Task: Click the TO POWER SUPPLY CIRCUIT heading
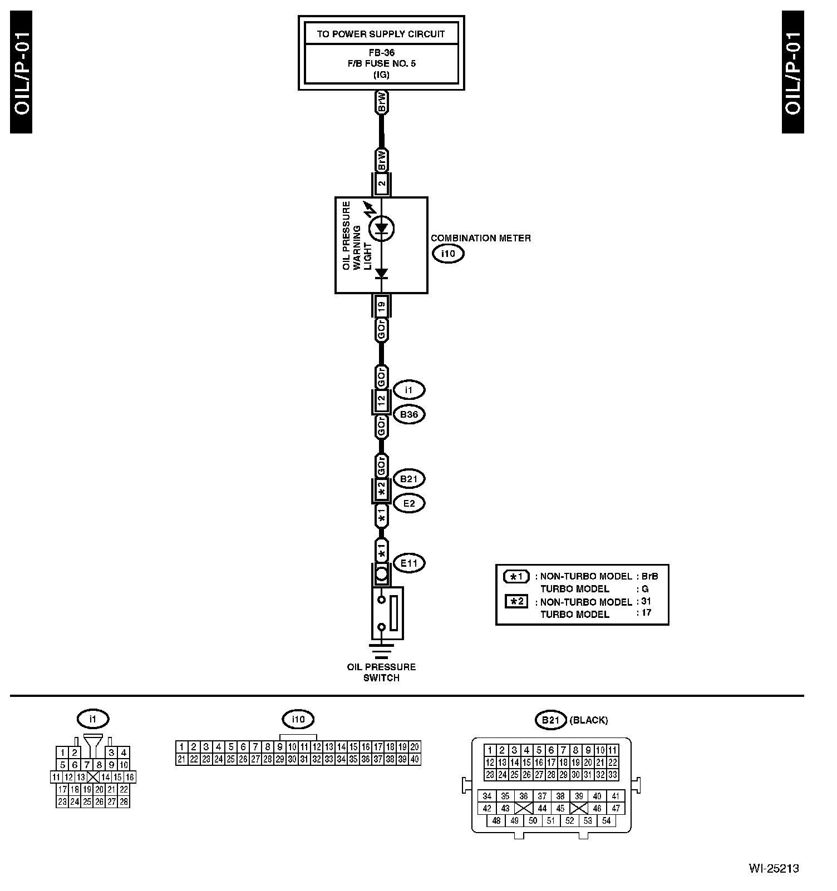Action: tap(381, 34)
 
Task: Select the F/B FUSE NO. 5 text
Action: tap(381, 63)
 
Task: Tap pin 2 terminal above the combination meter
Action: tap(381, 183)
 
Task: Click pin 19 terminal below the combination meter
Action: tap(381, 305)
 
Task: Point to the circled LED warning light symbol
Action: tap(381, 228)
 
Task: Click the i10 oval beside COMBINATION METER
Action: tap(448, 254)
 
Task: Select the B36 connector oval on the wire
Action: tap(409, 414)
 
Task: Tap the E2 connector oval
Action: tap(409, 503)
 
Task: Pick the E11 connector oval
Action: tap(409, 563)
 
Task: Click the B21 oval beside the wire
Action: tap(409, 478)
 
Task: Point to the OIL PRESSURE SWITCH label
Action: tap(381, 672)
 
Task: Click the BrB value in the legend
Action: tap(649, 576)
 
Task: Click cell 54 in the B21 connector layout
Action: tap(606, 821)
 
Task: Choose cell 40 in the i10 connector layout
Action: tap(415, 759)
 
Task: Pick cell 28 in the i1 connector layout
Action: tap(124, 801)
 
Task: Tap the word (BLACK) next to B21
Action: tap(589, 720)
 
